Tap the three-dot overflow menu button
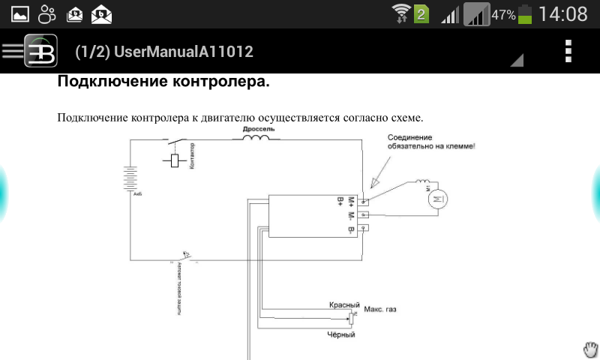(x=568, y=51)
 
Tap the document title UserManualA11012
(x=164, y=52)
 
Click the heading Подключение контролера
(x=163, y=81)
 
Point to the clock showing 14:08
(x=562, y=13)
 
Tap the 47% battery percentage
(x=503, y=14)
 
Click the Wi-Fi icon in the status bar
(x=402, y=13)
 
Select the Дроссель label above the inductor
(x=259, y=129)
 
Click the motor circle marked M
(x=438, y=199)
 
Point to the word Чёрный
(x=341, y=334)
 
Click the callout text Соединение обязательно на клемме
(x=431, y=142)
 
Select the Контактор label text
(x=192, y=157)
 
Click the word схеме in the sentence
(x=406, y=118)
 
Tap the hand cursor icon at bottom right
(x=592, y=349)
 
